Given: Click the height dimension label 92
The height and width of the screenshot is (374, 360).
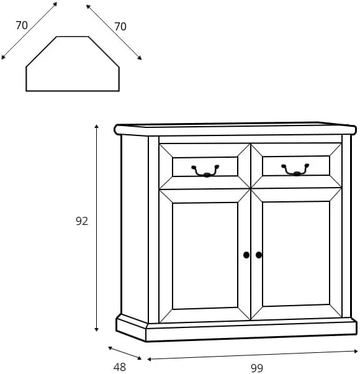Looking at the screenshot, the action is click(x=82, y=221).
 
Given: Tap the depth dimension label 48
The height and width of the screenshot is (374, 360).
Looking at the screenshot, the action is click(x=120, y=367).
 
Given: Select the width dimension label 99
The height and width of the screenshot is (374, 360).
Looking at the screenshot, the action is click(x=257, y=368).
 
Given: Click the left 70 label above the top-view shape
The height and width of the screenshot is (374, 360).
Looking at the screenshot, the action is click(x=22, y=25).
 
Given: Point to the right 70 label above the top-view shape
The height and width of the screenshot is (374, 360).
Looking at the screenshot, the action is click(x=120, y=27).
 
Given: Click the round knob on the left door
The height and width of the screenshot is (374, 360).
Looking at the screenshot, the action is click(x=246, y=255).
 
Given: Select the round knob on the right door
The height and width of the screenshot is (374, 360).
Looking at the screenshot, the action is click(x=259, y=255).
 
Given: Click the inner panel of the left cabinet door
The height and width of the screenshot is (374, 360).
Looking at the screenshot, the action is click(x=205, y=256).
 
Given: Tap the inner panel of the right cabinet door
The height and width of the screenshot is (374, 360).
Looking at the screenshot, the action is click(x=296, y=253).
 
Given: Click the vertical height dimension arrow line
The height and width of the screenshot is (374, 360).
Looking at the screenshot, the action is click(x=96, y=228).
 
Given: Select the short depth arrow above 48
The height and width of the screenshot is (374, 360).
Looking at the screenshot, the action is click(x=125, y=353).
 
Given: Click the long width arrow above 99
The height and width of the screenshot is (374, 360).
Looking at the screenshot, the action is click(x=253, y=355).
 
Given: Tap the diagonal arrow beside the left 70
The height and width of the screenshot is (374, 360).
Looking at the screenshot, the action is click(x=29, y=30).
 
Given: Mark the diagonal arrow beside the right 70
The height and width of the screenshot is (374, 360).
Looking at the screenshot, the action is click(x=114, y=32).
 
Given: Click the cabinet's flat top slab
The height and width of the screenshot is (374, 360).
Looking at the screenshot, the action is click(x=235, y=129).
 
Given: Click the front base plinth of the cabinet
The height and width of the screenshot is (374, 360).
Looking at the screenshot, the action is click(x=251, y=331).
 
